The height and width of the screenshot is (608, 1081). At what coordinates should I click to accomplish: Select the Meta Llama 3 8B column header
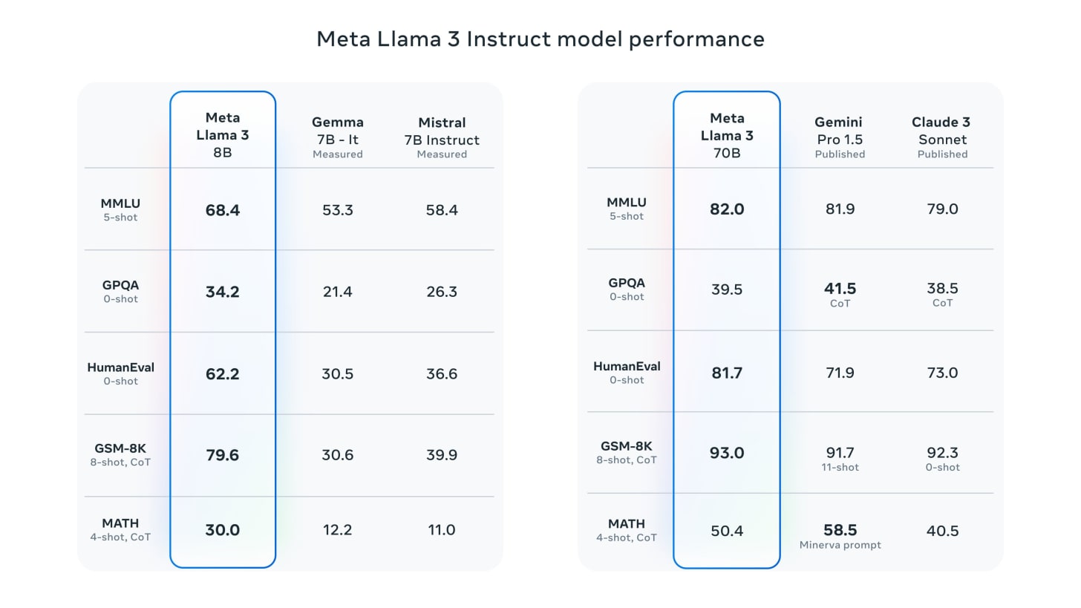coord(222,135)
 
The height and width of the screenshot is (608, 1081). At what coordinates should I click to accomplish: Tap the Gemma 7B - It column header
coord(337,137)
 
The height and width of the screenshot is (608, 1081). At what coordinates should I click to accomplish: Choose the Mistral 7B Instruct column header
coord(442,137)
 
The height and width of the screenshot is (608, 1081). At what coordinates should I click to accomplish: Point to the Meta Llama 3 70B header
coord(726,135)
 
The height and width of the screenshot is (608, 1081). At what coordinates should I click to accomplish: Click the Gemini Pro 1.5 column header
coord(840,137)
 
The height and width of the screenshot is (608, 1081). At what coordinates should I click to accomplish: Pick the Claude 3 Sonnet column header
coord(942,137)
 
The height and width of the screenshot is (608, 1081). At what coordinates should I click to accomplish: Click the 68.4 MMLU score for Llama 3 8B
coord(222,210)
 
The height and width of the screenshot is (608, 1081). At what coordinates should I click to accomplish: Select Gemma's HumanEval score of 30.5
coord(337,373)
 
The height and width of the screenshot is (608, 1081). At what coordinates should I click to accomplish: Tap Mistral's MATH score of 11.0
coord(442,530)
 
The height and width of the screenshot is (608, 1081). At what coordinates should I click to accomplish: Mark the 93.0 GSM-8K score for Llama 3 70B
coord(726,453)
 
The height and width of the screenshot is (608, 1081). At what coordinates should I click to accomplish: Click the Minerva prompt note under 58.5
coord(840,545)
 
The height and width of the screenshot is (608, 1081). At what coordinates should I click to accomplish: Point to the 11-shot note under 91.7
coord(840,467)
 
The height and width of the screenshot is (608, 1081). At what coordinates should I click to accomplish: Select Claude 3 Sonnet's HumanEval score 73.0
coord(942,373)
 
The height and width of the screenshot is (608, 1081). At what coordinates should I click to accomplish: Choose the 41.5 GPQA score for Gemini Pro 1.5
coord(840,289)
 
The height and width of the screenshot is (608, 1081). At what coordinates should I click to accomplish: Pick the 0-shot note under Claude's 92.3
coord(942,467)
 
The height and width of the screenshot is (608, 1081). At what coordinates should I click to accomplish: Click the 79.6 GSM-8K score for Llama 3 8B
coord(222,454)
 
